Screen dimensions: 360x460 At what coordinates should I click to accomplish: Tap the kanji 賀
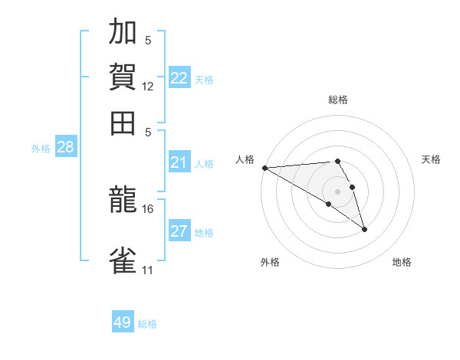(123, 77)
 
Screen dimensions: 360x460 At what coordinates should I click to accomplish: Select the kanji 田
(123, 123)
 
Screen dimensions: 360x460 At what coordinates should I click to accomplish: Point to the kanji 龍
(123, 201)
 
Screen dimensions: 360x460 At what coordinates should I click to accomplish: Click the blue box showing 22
(179, 78)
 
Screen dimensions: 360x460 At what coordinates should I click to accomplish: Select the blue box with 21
(179, 162)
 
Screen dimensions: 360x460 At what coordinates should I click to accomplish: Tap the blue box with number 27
(179, 231)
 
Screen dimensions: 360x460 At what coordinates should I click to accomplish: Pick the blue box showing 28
(65, 148)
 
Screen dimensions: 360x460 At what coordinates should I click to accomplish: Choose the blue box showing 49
(123, 322)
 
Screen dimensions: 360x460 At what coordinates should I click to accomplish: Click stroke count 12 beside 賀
(148, 87)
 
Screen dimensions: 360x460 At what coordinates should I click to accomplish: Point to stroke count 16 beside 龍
(148, 208)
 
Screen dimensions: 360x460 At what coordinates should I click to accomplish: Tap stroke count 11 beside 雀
(148, 270)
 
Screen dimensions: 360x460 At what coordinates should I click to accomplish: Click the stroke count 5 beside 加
(148, 41)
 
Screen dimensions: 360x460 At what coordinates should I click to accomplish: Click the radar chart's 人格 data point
(264, 168)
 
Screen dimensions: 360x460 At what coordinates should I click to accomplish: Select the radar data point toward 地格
(364, 229)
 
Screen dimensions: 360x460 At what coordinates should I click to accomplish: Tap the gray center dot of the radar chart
(338, 191)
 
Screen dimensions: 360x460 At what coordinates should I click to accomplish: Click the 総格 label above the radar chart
(338, 100)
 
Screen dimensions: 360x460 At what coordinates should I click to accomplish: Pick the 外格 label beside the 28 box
(41, 149)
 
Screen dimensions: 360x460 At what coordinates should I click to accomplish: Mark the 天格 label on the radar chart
(432, 159)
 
